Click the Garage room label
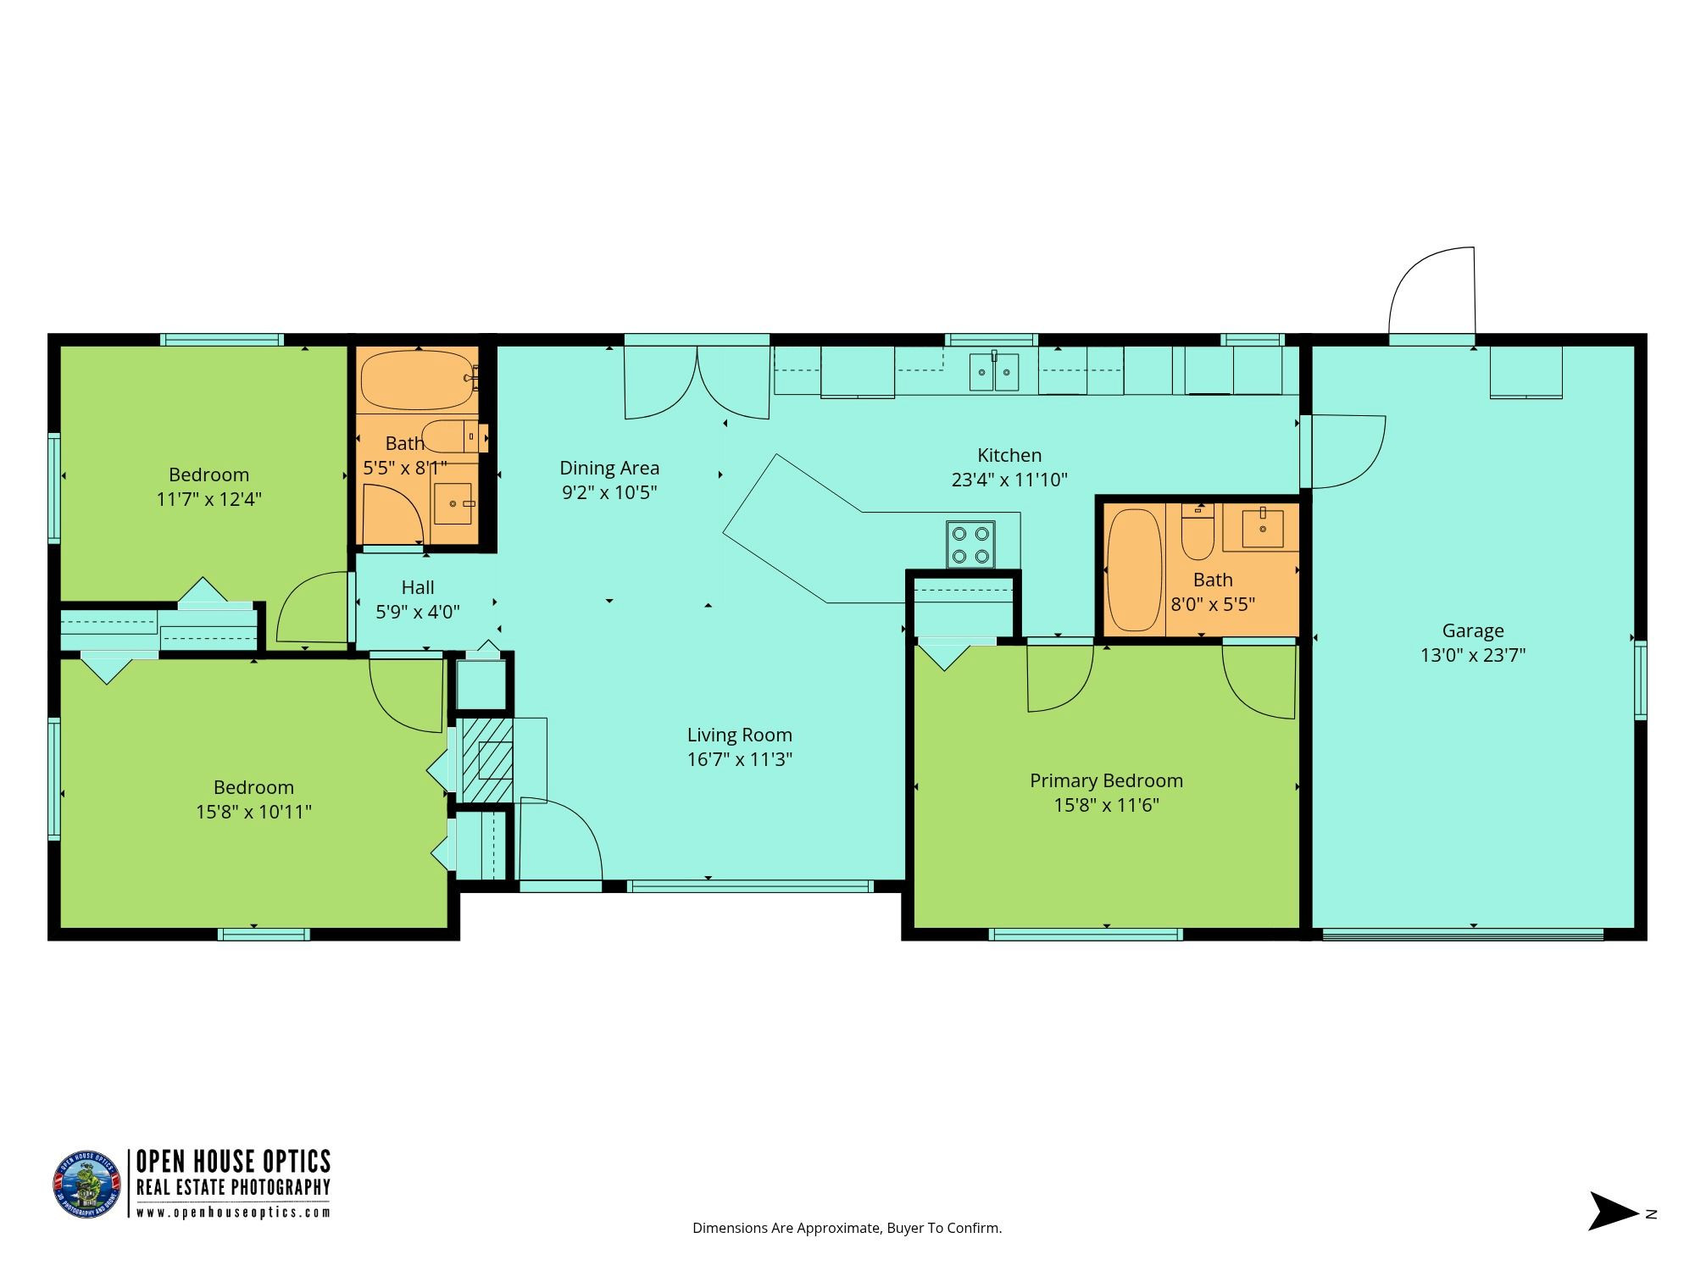click(x=1473, y=630)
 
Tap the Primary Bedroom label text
click(x=1106, y=780)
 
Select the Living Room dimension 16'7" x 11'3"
click(x=740, y=759)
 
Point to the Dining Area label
click(x=609, y=468)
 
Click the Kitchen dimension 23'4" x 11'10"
click(x=1009, y=480)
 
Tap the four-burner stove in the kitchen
click(x=970, y=544)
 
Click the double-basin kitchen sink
click(x=994, y=371)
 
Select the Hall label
click(x=418, y=587)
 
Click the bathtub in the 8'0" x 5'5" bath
click(x=1134, y=569)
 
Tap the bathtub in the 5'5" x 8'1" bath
click(x=416, y=380)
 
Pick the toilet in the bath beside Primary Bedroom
click(x=1198, y=531)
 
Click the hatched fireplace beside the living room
click(x=486, y=760)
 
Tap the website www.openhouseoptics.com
click(x=234, y=1213)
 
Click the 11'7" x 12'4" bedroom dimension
click(x=209, y=499)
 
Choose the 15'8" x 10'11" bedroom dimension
click(x=253, y=812)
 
